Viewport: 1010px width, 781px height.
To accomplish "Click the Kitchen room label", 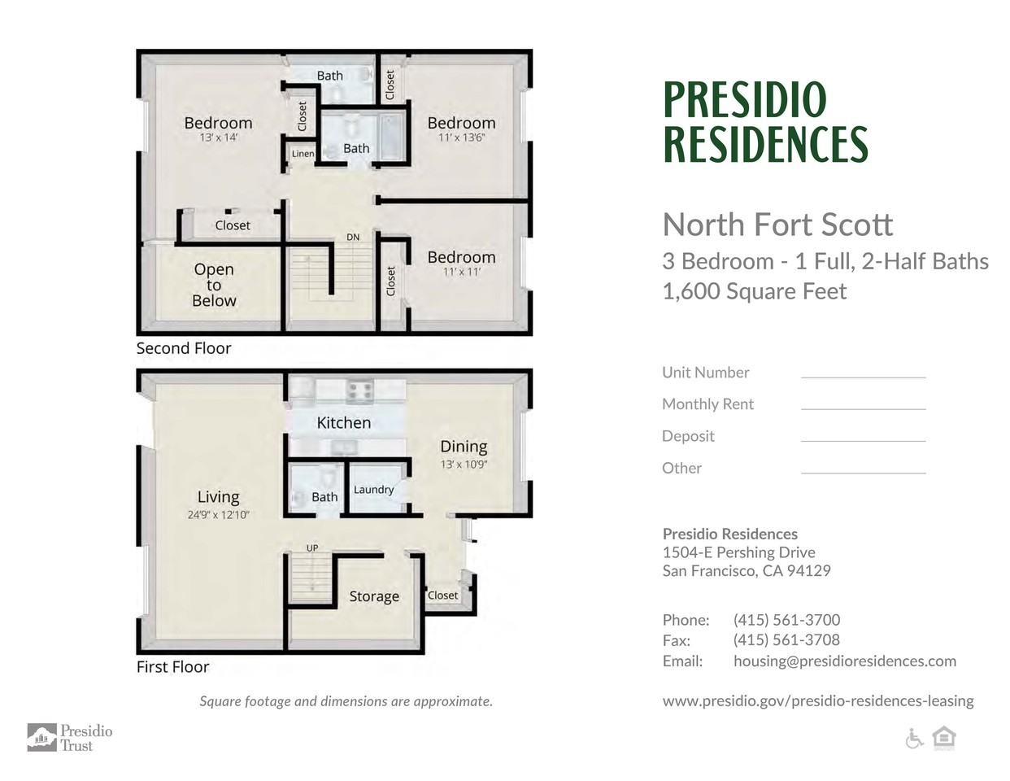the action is click(x=343, y=422).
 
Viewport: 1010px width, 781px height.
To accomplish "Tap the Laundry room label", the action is click(x=373, y=490).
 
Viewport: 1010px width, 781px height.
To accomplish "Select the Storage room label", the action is click(x=374, y=596).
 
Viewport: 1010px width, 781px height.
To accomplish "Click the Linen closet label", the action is click(x=303, y=154).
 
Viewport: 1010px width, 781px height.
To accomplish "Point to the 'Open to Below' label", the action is click(x=214, y=285).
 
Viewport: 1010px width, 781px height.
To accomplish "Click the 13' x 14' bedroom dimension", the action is click(x=219, y=137).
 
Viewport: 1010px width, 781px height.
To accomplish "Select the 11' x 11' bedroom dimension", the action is click(x=461, y=272).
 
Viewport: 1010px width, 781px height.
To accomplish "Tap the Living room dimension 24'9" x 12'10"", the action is click(x=219, y=515).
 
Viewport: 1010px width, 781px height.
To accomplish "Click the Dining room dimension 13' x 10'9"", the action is click(x=464, y=464).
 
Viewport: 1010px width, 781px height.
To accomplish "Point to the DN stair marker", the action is click(x=353, y=237).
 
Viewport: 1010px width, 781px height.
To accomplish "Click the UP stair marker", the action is click(x=312, y=548).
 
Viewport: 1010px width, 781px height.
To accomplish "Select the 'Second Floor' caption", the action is click(x=184, y=348).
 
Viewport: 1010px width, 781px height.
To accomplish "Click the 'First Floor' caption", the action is click(x=172, y=667).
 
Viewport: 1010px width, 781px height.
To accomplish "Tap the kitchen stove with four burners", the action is click(x=359, y=391).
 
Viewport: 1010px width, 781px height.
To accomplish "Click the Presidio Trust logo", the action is click(x=70, y=737).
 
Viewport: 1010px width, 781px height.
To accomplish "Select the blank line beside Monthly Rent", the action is click(x=863, y=409).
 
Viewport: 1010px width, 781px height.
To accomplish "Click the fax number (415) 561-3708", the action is click(x=786, y=640).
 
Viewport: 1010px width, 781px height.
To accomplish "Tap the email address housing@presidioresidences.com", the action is click(x=845, y=661).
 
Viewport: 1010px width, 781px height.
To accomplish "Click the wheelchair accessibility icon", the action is click(x=914, y=739).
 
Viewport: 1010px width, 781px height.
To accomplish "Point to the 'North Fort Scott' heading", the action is click(x=777, y=225).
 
